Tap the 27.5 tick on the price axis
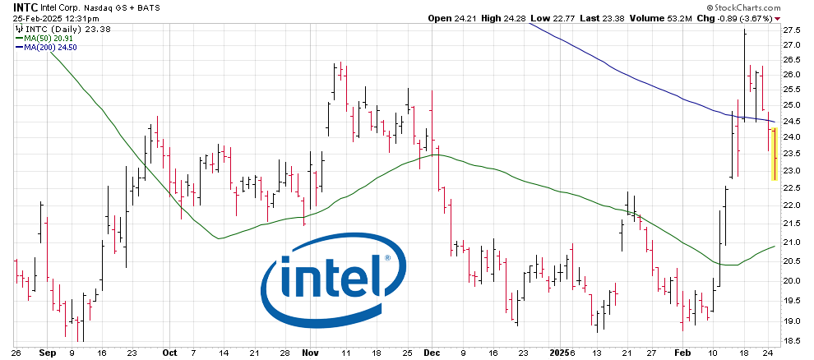(792, 30)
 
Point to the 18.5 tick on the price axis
(792, 341)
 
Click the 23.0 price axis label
(792, 171)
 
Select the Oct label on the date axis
(169, 352)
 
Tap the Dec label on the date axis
(432, 352)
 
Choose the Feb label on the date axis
(682, 352)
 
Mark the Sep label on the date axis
(46, 352)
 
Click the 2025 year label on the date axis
(559, 352)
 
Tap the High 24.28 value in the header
(502, 18)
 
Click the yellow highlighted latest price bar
(774, 154)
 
